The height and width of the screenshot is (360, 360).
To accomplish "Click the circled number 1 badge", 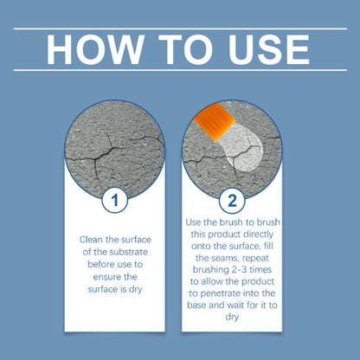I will click(114, 202).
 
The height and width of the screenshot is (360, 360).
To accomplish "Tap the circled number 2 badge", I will click(231, 202).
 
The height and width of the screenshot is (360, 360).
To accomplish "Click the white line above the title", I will click(179, 28).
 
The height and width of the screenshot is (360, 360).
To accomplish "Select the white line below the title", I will click(179, 71).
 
